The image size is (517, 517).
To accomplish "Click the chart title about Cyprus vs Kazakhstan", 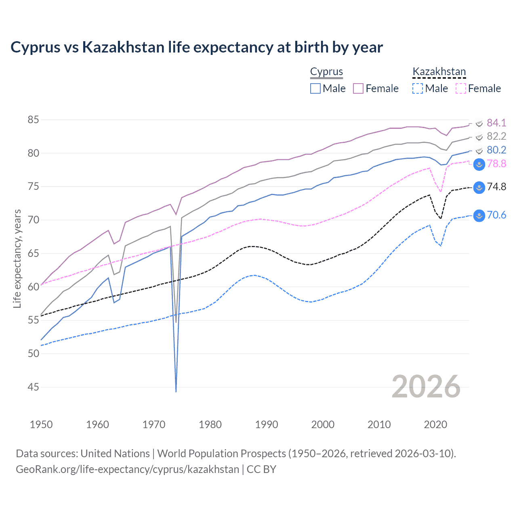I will coord(196,47).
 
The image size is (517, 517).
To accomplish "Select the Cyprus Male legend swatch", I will coord(315,88).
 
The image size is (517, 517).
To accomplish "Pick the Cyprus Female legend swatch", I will coord(358,88).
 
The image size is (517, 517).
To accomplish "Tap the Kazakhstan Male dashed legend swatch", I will coord(418,88).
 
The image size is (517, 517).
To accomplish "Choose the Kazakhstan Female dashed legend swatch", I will coord(461,88).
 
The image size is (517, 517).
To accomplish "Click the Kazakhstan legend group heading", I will coord(439,72).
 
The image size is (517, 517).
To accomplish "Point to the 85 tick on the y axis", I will coord(33,120).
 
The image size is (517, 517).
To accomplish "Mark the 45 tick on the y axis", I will coord(33,387).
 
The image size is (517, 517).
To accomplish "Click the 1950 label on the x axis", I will coord(41,425).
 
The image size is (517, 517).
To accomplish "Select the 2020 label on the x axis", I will coord(435,425).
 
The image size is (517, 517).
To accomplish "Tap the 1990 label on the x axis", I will coord(267,425).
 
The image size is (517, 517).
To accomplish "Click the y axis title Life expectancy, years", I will coord(17,258).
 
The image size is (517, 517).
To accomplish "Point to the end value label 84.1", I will coord(496,123).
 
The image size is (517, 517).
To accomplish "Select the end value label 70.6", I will coord(496,215).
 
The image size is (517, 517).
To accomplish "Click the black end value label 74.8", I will coord(496,187).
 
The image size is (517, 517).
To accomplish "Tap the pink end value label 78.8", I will coord(496,164).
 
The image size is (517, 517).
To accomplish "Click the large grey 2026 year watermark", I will coord(426,387).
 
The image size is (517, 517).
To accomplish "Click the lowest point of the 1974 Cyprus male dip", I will coord(176,391).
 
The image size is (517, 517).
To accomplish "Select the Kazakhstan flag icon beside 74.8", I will coord(479,187).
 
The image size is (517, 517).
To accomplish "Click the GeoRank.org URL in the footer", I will coord(127,469).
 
